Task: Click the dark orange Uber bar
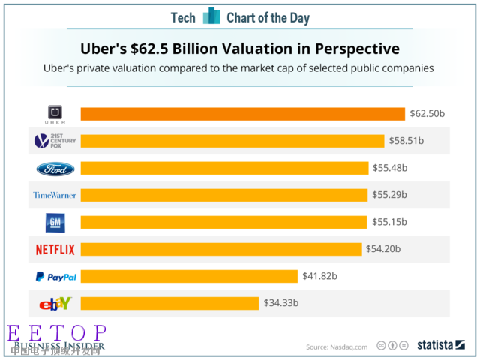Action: (243, 114)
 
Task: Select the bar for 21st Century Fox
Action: (232, 141)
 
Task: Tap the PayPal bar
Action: (189, 276)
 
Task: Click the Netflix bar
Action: (221, 249)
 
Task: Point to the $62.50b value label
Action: (427, 114)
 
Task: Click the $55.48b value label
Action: (390, 168)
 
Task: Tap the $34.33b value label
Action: (281, 303)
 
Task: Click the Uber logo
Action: (55, 114)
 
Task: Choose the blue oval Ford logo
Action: (55, 168)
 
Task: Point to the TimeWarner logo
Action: (55, 195)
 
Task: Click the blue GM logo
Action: (55, 222)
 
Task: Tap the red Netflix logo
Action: (55, 249)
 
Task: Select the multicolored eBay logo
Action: (55, 303)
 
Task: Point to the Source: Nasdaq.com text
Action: (337, 346)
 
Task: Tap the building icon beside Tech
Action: (212, 16)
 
